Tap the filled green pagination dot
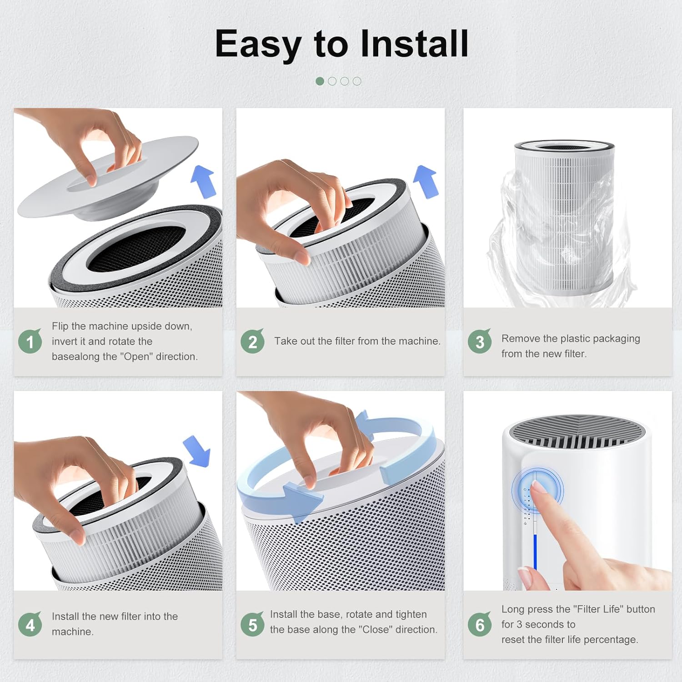[320, 81]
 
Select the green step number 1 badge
[30, 341]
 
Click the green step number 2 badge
[252, 341]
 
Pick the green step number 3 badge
[480, 341]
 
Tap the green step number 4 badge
[30, 625]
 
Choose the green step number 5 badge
[252, 625]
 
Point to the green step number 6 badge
[480, 625]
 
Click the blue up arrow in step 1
[203, 181]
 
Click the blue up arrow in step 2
[426, 181]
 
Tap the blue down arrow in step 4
[197, 451]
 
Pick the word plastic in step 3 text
[572, 339]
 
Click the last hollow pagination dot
[357, 81]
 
